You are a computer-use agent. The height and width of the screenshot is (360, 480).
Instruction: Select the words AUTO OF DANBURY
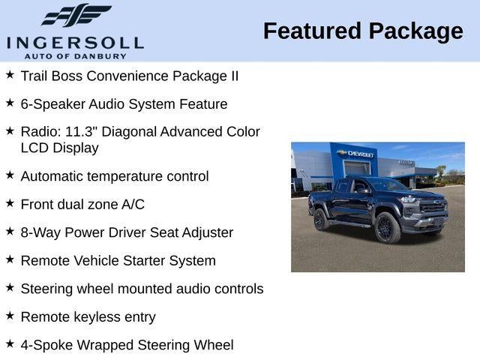75,56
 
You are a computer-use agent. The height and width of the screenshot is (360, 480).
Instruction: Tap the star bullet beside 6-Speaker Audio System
10,103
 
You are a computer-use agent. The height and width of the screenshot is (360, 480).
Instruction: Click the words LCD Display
59,148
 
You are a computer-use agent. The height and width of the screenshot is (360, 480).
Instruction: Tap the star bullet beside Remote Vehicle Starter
10,259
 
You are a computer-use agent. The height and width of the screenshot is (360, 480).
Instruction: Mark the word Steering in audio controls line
48,289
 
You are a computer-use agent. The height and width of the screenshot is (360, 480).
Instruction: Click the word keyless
96,316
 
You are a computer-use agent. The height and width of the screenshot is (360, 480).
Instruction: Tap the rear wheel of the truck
321,220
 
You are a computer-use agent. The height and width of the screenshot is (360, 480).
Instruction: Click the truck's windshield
385,185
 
